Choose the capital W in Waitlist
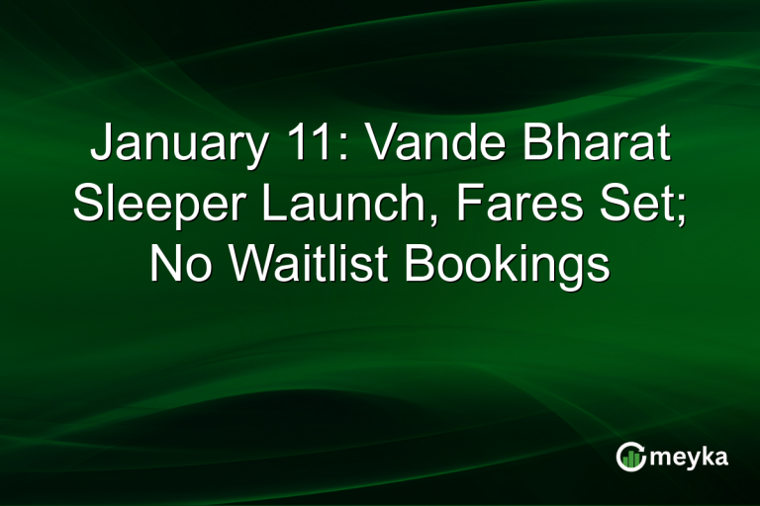(241, 265)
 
